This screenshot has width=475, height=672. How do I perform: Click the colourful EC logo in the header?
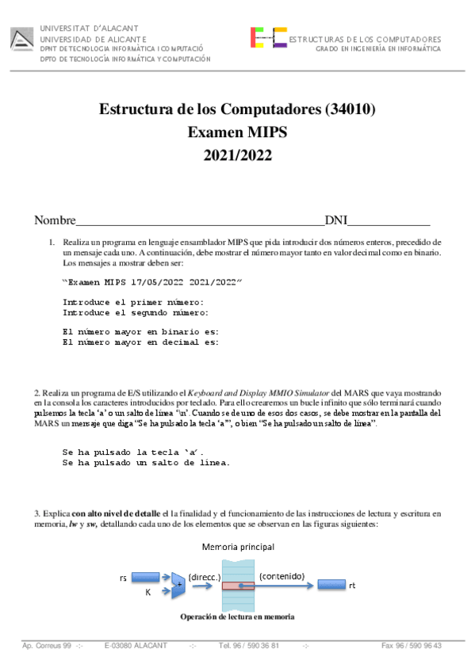point(268,38)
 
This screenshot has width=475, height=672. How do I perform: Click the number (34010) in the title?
point(351,109)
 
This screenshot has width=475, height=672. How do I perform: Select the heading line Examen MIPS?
point(237,132)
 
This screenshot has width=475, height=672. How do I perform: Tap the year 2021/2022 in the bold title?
point(237,155)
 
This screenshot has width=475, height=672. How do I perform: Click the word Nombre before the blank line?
point(55,220)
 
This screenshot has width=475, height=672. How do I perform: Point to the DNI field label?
point(336,220)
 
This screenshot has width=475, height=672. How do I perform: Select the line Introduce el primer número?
point(133,302)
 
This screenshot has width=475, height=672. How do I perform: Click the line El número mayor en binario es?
point(140,332)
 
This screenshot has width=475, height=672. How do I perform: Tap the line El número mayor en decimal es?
point(140,342)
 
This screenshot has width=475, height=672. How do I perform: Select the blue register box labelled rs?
point(145,578)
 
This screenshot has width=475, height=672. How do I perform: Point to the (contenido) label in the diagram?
point(281,576)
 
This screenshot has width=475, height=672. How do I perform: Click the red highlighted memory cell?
point(238,586)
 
